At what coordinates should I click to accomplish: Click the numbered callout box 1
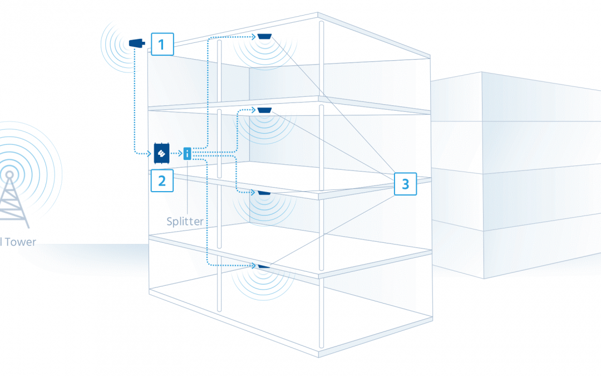162,43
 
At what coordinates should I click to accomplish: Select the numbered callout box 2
162,180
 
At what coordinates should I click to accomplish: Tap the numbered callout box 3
405,184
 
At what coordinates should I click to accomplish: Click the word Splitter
185,221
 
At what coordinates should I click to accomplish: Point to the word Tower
22,242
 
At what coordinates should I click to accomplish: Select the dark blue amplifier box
162,153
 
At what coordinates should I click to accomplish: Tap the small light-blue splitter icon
188,153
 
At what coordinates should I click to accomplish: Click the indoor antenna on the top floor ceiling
264,37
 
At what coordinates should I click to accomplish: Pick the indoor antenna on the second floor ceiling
264,109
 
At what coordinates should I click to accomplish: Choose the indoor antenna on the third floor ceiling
264,193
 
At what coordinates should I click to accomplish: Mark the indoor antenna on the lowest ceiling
264,266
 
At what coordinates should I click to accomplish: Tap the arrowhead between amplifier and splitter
179,153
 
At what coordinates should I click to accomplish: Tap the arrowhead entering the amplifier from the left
150,153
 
